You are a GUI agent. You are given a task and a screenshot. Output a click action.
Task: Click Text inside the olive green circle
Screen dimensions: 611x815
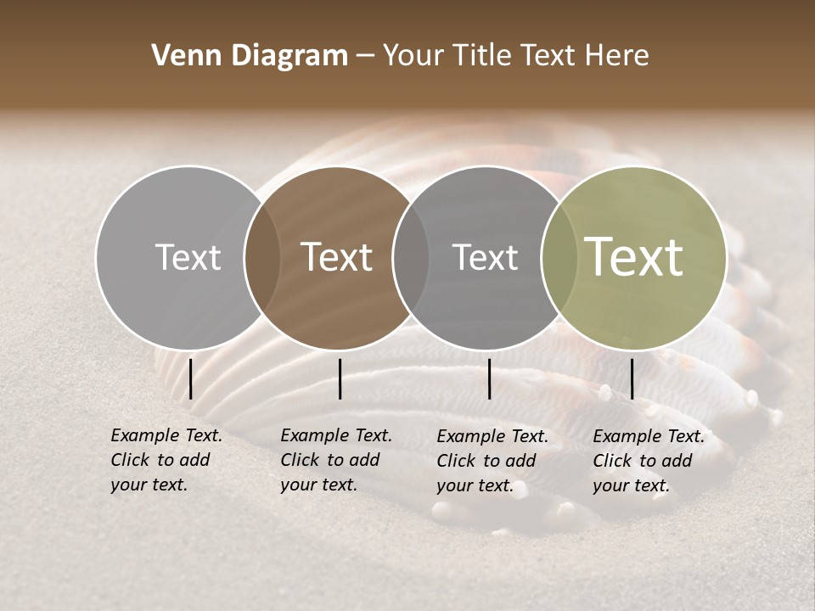click(x=634, y=256)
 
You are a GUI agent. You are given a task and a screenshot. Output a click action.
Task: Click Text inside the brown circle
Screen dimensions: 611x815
click(x=337, y=257)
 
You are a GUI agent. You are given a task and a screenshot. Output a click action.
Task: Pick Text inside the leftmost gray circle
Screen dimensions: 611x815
click(x=188, y=257)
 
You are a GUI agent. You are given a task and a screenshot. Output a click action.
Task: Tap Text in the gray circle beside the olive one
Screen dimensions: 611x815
click(x=485, y=257)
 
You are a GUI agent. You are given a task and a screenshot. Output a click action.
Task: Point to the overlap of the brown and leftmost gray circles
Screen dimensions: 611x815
click(x=262, y=257)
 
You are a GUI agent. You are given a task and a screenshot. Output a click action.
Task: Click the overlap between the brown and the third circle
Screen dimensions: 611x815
click(x=410, y=257)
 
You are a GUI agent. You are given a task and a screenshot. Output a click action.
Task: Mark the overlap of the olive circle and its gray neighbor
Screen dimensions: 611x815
click(x=557, y=257)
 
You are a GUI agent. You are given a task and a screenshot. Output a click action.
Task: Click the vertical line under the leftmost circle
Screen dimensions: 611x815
click(x=190, y=378)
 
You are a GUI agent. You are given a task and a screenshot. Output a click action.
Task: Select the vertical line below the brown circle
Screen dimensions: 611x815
click(x=340, y=378)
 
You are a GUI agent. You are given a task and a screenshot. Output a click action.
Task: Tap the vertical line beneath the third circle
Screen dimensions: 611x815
click(x=490, y=378)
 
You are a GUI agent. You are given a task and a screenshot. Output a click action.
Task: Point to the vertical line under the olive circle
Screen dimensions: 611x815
click(x=632, y=378)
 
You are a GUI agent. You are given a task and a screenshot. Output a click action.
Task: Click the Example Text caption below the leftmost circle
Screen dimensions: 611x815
click(x=166, y=460)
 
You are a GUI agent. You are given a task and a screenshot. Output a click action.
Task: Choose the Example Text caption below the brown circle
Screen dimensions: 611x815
click(x=335, y=460)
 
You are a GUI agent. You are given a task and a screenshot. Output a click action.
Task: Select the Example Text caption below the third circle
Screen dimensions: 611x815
click(x=492, y=461)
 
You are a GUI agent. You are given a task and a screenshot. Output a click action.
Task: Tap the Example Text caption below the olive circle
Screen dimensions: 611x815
click(x=649, y=461)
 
